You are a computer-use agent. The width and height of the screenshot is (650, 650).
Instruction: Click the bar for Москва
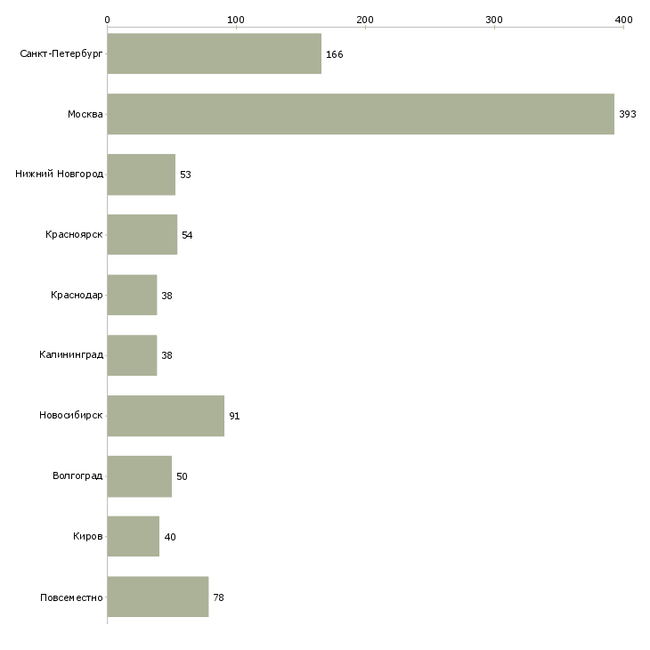point(361,114)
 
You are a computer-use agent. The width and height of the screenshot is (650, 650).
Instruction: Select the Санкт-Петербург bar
point(215,53)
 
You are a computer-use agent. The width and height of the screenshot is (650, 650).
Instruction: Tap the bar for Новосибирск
point(166,416)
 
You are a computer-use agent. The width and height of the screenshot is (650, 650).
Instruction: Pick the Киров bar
point(133,536)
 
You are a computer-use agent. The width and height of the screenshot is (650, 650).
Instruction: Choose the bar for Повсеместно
point(158,597)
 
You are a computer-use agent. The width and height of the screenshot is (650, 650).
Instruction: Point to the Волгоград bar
point(139,476)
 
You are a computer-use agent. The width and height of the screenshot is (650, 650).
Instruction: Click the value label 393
point(627,114)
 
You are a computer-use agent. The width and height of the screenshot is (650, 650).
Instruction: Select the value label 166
point(334,54)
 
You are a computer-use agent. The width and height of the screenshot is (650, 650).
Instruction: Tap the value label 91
point(234,416)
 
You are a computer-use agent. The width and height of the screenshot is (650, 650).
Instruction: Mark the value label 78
point(218,597)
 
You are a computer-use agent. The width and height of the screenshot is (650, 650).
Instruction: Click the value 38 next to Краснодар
point(167,296)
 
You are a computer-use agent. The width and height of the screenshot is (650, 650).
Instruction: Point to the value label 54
point(187,235)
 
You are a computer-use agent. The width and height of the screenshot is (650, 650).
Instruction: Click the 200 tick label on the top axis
point(365,20)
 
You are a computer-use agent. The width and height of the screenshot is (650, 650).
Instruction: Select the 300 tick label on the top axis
point(494,20)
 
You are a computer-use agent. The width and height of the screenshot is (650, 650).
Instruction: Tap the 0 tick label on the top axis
point(108,20)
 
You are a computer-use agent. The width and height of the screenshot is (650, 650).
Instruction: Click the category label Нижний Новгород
point(60,174)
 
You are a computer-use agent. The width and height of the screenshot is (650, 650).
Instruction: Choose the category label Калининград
point(71,355)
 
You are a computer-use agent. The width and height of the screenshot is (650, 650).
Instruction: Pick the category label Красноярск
point(74,235)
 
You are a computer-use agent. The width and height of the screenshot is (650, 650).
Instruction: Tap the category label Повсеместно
point(71,597)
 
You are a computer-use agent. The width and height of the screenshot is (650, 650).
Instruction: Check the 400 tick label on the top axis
point(623,20)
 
